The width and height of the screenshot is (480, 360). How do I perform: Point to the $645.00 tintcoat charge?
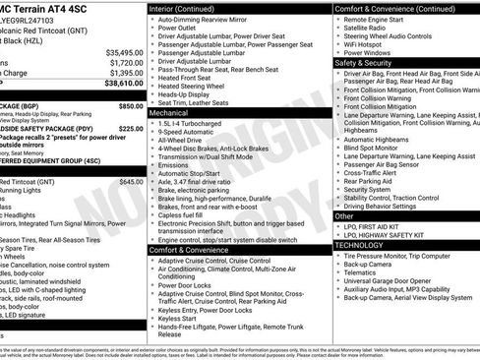tap(130, 181)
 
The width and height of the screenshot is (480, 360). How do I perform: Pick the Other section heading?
tap(345, 215)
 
